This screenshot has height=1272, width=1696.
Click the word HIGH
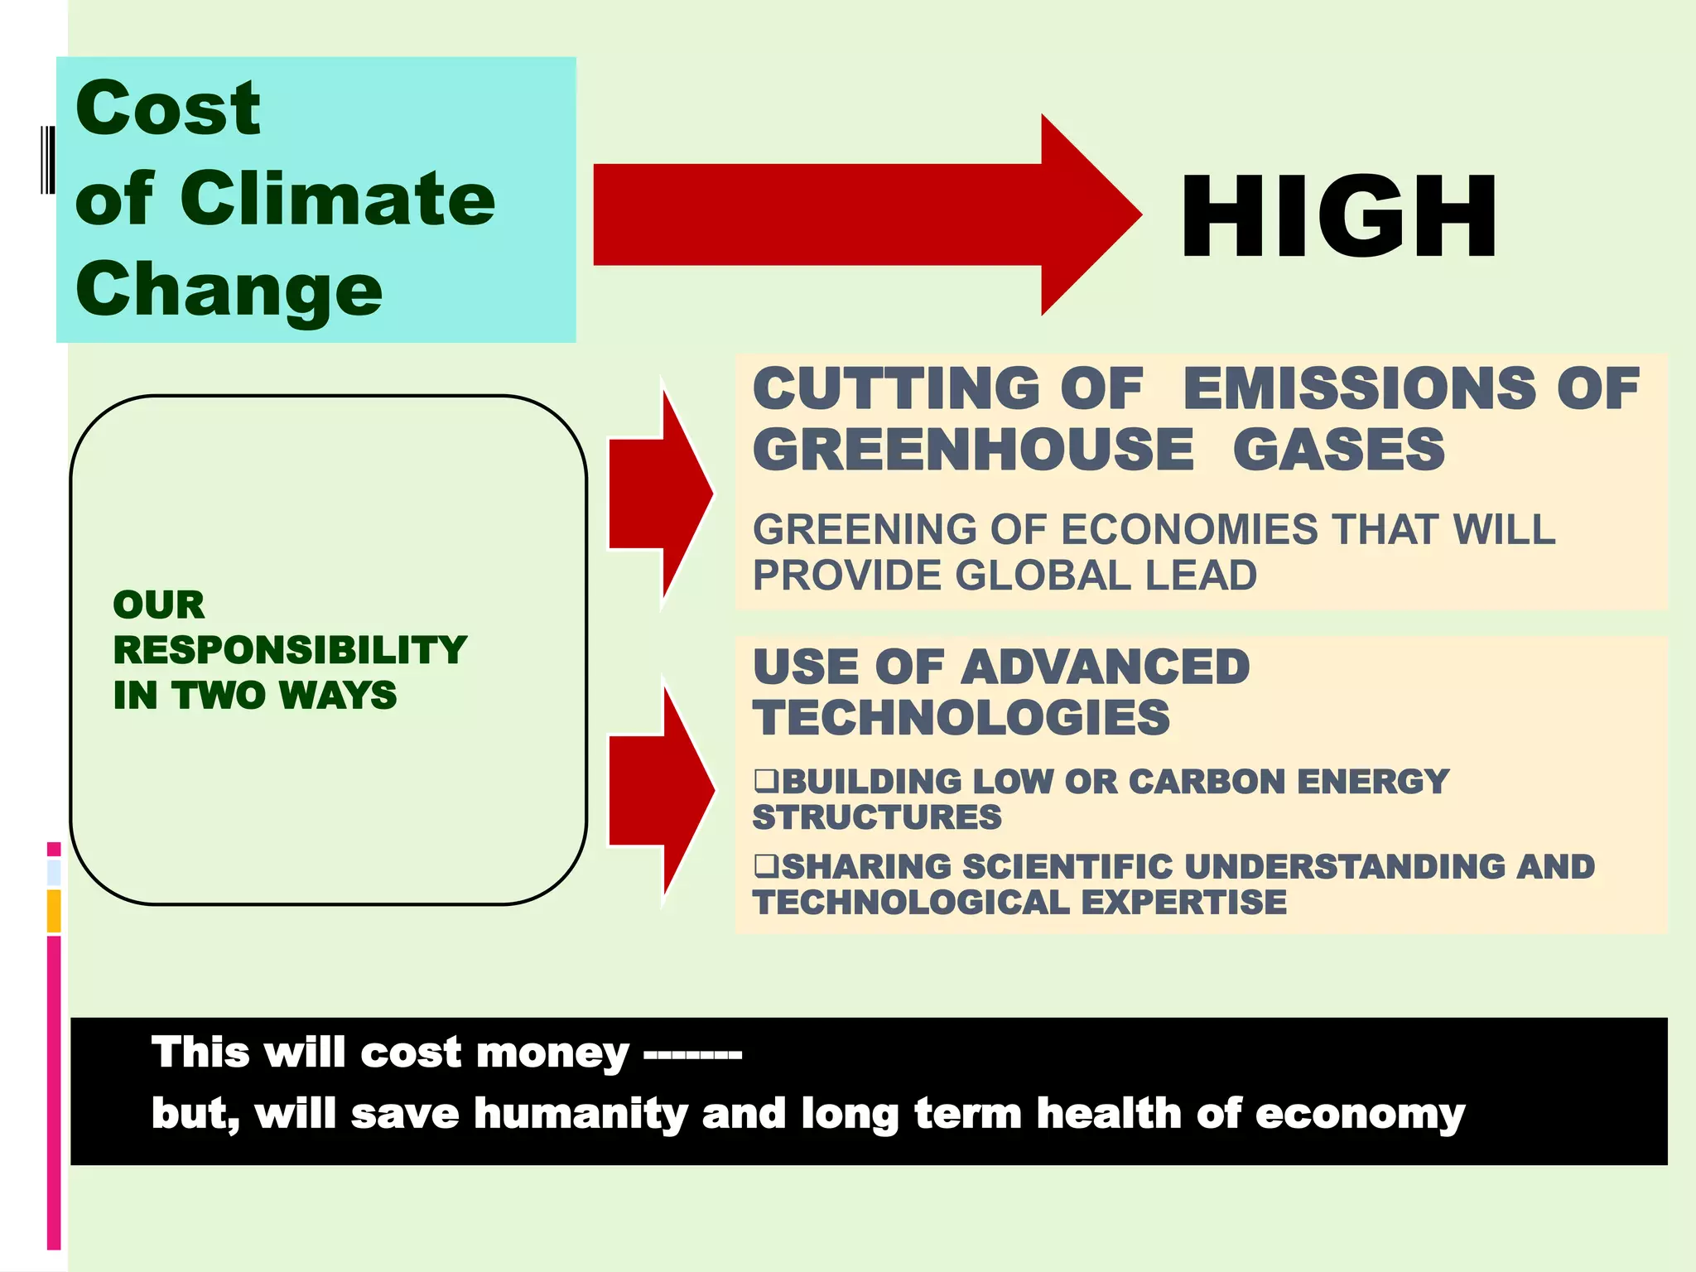[x=1338, y=217]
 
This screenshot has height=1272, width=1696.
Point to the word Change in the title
[x=229, y=290]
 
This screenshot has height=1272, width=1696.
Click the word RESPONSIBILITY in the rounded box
[x=290, y=650]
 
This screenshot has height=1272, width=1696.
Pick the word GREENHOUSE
[x=973, y=450]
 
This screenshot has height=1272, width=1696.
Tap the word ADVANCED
[x=1105, y=667]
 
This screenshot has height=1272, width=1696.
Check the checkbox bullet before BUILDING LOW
[x=766, y=779]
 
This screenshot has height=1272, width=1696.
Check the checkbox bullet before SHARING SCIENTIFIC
[x=766, y=865]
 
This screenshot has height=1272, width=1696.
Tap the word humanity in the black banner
[x=581, y=1114]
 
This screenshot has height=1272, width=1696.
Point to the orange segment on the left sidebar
[x=54, y=911]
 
